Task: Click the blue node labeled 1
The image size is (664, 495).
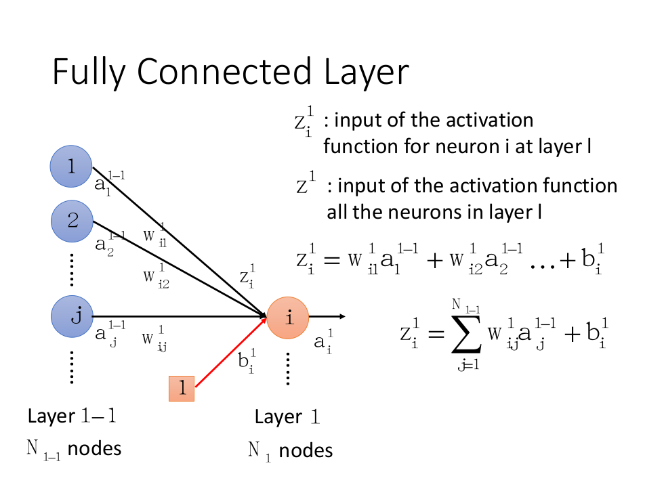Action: (x=71, y=167)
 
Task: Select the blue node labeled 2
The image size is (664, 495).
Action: (x=72, y=220)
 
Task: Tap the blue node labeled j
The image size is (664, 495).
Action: (x=72, y=316)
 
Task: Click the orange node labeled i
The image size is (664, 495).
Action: (x=288, y=317)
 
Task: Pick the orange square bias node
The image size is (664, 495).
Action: (x=182, y=388)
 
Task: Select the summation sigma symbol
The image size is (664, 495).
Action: (x=467, y=335)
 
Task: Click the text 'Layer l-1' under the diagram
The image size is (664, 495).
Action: (x=72, y=416)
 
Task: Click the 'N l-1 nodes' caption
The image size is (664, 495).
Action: (x=74, y=448)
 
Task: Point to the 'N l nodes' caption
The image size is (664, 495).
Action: (x=290, y=450)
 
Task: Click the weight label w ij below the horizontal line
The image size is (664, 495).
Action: (x=154, y=339)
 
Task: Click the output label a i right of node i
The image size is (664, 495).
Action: (x=323, y=341)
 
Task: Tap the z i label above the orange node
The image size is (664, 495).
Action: (x=247, y=276)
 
